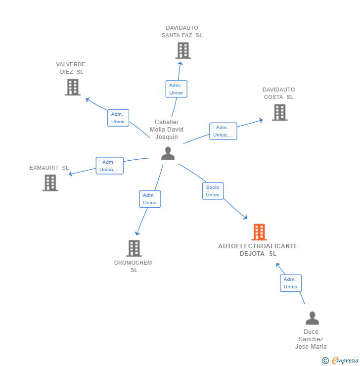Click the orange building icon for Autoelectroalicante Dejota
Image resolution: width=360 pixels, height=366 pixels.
259,231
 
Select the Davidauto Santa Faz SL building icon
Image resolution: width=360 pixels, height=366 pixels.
183,50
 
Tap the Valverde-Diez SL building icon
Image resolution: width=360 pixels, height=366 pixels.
73,87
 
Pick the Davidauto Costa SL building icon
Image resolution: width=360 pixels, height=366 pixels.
279,112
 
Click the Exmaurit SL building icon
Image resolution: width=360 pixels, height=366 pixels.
50,183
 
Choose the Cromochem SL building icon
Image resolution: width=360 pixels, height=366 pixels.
134,248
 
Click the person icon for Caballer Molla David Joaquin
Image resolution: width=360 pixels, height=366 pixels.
168,153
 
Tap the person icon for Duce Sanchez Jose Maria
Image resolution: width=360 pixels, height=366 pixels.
312,318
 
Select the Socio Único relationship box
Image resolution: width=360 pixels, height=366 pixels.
213,191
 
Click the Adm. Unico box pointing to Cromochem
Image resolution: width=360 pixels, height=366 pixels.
150,199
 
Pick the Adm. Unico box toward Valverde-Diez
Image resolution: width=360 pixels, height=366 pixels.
118,118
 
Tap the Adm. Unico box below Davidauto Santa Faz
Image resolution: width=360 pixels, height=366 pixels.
176,89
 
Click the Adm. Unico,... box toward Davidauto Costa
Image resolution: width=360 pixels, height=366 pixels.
223,131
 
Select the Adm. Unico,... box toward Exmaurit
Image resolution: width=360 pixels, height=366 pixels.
109,166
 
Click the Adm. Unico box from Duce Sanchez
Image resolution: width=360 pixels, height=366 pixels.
291,283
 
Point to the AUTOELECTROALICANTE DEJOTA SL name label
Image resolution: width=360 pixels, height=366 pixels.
258,250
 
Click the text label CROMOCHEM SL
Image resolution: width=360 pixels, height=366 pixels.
133,266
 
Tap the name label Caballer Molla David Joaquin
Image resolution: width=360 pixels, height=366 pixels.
167,130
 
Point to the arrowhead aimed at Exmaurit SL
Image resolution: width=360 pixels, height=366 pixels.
71,174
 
